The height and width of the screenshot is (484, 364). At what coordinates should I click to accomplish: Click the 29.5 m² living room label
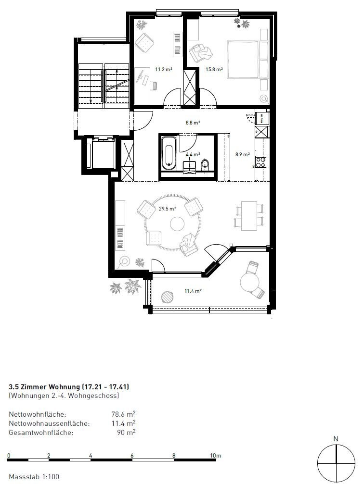coord(168,209)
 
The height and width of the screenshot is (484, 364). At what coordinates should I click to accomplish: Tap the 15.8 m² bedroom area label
coord(214,70)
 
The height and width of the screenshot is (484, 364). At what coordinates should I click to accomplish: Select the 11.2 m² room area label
coord(164,70)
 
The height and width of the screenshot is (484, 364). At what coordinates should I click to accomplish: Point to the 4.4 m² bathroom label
coord(193,155)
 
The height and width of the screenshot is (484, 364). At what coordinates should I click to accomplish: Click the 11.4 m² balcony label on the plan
coord(193,291)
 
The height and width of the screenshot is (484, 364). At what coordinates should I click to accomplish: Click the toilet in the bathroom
coord(206,164)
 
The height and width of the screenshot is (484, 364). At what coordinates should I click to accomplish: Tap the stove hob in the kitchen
coord(260,162)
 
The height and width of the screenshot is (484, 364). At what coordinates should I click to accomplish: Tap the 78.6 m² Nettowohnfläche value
coord(123,413)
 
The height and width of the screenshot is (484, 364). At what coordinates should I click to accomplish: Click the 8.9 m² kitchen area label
coord(242,155)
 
